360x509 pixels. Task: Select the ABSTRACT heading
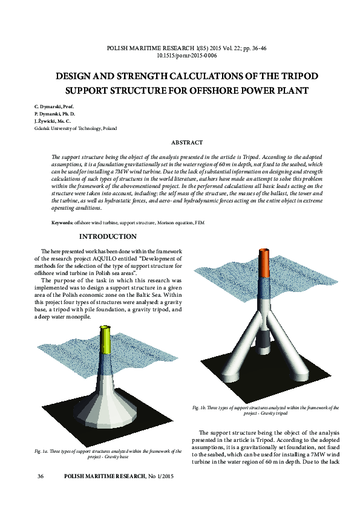pos(187,142)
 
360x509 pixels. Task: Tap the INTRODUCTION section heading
pos(108,236)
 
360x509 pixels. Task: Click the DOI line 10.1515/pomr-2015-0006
pos(186,55)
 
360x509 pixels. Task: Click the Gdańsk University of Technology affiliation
pos(76,128)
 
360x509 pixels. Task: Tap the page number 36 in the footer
pos(41,477)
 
